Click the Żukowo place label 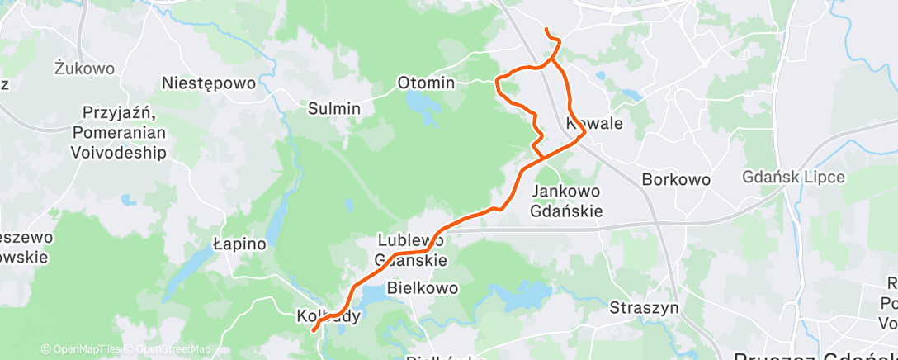click(84, 68)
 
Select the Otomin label click(426, 83)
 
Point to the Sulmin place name click(334, 108)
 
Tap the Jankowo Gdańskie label click(568, 201)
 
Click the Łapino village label click(239, 244)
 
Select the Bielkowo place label click(422, 289)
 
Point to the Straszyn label click(644, 307)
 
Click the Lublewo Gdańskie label click(411, 250)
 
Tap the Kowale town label click(594, 123)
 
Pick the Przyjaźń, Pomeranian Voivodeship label click(125, 132)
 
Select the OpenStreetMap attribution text click(171, 349)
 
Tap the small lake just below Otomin click(423, 104)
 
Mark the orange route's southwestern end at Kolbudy click(314, 331)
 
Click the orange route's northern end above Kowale click(546, 31)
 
